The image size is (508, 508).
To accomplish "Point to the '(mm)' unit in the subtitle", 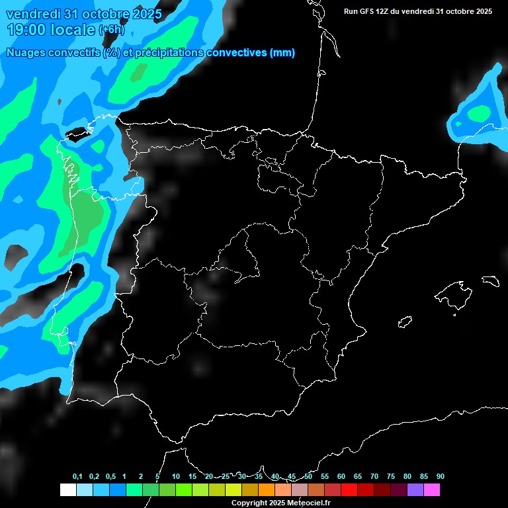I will click(x=282, y=53).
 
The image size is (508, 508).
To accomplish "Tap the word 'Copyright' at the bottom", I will click(x=250, y=503).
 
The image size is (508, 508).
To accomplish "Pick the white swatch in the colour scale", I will click(x=67, y=490).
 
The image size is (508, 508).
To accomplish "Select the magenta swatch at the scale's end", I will click(x=431, y=490).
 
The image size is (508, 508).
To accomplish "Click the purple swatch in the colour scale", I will click(x=415, y=490).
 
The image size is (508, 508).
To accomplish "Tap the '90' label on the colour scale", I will click(x=441, y=477).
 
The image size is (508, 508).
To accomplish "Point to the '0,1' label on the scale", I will click(x=77, y=477).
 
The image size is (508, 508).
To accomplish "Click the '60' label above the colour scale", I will click(x=341, y=477).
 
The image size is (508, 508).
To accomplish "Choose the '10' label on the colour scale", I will click(x=176, y=477).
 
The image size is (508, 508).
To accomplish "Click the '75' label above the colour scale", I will click(x=391, y=477).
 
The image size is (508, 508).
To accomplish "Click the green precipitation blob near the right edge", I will click(x=478, y=114).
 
